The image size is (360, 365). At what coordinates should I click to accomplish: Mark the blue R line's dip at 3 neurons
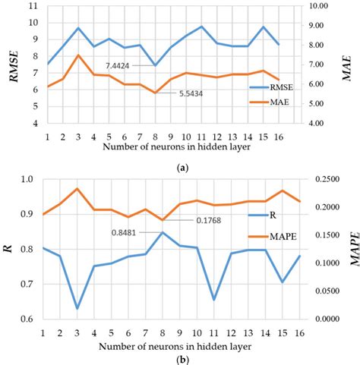point(78,308)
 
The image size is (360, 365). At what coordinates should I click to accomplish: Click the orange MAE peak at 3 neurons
point(78,55)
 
